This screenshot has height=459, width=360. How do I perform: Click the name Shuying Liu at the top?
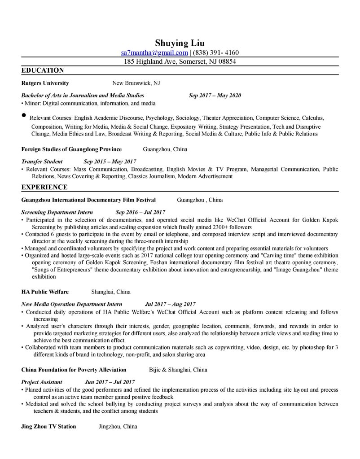click(x=180, y=43)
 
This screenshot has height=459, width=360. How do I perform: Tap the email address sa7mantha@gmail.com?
click(x=154, y=52)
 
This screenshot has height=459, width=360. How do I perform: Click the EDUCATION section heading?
click(x=43, y=70)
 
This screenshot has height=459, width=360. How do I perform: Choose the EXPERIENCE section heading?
click(x=44, y=186)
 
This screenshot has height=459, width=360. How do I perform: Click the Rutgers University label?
click(x=45, y=83)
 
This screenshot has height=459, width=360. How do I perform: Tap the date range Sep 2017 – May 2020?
click(x=215, y=96)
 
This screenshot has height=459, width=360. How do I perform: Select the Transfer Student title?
click(x=42, y=161)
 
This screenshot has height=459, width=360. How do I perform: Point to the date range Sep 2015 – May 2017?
click(x=110, y=161)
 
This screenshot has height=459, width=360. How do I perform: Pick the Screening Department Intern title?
click(x=57, y=212)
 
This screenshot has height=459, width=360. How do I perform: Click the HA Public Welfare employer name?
click(x=45, y=292)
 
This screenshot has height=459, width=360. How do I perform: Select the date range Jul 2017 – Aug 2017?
click(x=170, y=304)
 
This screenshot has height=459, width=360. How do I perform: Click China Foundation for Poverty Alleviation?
click(x=74, y=370)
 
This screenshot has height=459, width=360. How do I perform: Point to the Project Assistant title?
click(x=42, y=382)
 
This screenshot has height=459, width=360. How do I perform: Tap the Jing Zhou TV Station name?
click(x=48, y=426)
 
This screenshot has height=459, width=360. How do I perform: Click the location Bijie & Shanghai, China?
click(x=178, y=370)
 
